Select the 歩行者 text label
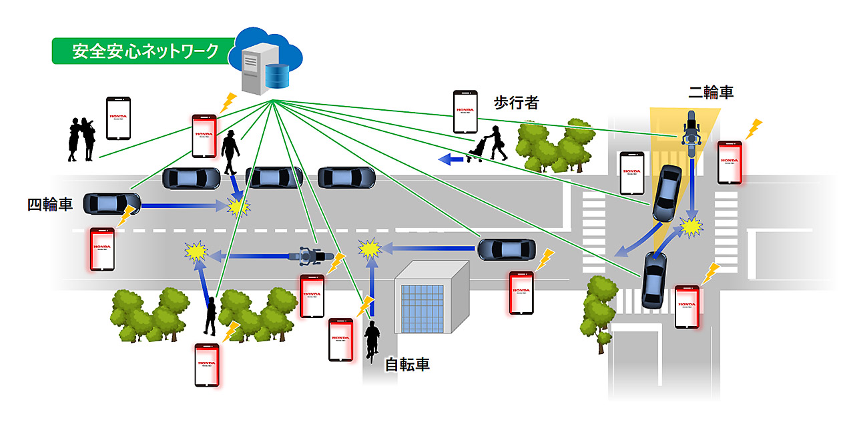(x=516, y=103)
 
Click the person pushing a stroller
(x=489, y=144)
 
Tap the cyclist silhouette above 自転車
(x=372, y=340)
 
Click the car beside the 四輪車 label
(x=111, y=203)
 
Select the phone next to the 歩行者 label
(x=465, y=112)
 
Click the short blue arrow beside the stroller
(x=452, y=159)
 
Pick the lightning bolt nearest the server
(x=228, y=101)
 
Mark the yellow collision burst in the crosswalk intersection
(x=691, y=227)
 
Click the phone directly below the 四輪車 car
(x=102, y=249)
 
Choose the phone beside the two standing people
(x=119, y=118)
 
